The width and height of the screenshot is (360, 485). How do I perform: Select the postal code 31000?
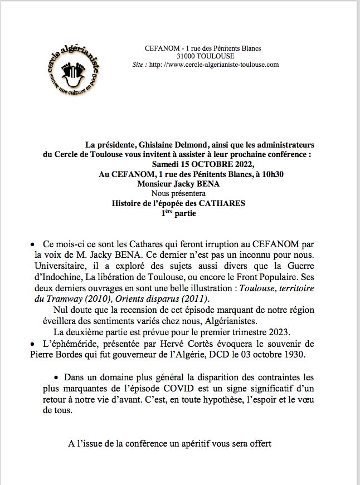point(188,57)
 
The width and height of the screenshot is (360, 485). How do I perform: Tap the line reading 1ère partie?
point(178,213)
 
